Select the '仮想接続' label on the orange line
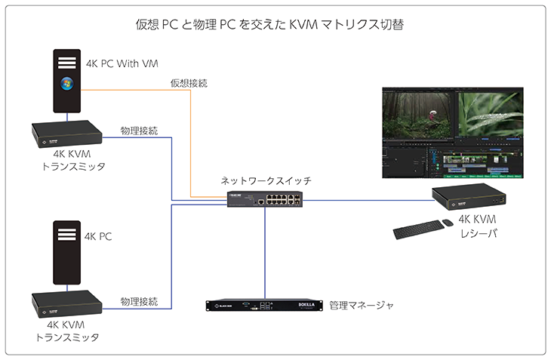click(x=189, y=82)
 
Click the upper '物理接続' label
click(x=139, y=131)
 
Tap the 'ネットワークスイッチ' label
click(x=266, y=181)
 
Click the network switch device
click(x=266, y=199)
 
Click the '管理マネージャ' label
click(x=362, y=306)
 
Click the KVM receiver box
click(x=468, y=198)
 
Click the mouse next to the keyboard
click(x=447, y=222)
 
